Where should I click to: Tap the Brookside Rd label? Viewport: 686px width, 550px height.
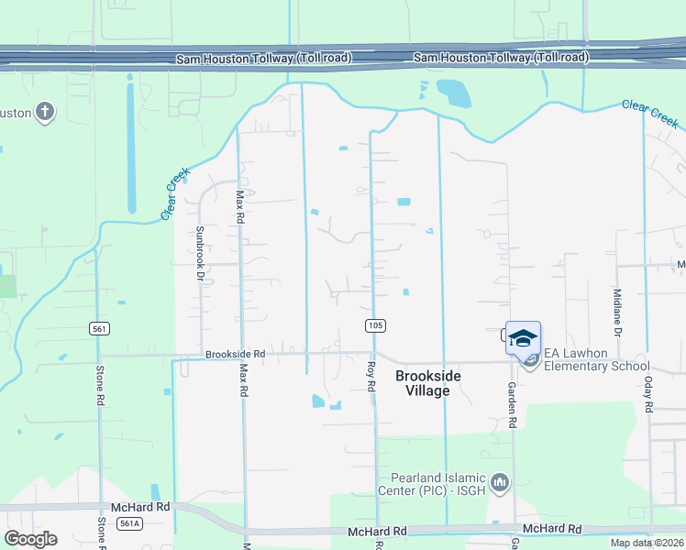tap(235, 354)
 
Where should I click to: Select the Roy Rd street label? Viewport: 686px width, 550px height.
tap(371, 379)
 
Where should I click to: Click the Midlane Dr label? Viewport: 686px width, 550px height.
tap(617, 306)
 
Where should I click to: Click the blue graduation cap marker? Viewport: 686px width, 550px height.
tap(523, 338)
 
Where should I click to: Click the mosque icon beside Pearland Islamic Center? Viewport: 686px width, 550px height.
tap(500, 481)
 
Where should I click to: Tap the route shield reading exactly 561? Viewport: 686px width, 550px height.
tap(100, 328)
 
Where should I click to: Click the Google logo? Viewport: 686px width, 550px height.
tap(30, 539)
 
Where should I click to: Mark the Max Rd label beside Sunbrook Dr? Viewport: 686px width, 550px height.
tap(240, 208)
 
